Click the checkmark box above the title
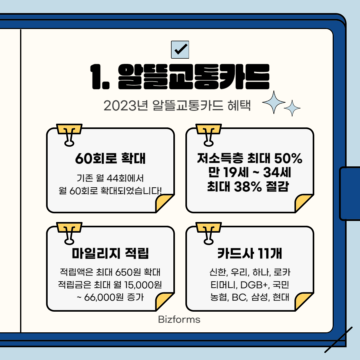click(x=180, y=49)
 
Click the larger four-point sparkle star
click(x=274, y=102)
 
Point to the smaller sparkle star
click(x=292, y=108)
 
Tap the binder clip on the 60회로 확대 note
click(x=69, y=135)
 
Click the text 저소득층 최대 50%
click(x=249, y=158)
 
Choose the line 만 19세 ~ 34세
click(x=249, y=173)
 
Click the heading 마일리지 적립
click(x=110, y=254)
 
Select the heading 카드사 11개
click(x=249, y=254)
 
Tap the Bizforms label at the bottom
click(x=179, y=320)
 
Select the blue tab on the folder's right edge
click(x=349, y=193)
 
